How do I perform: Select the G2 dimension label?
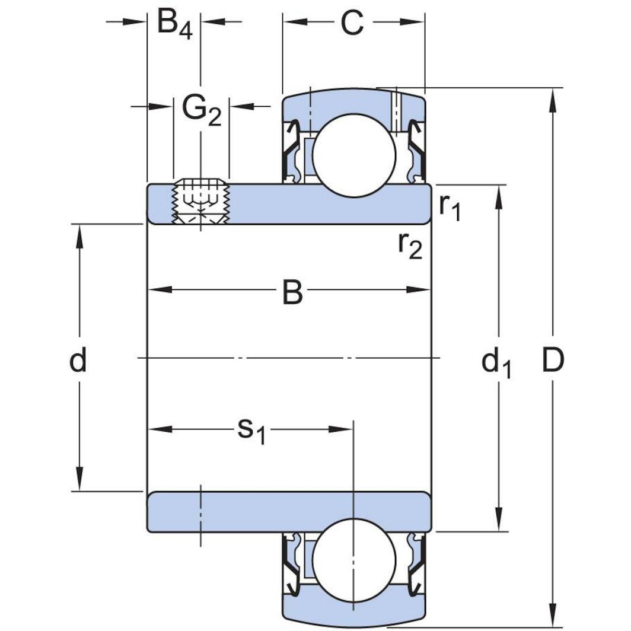coord(201,110)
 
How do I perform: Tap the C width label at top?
coord(352,23)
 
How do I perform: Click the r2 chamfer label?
coord(410,244)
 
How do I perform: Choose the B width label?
coord(292,292)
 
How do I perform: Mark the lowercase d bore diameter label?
coord(78,360)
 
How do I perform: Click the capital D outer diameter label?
coord(553,360)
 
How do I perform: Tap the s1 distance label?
coord(251,429)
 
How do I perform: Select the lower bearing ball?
coord(353,560)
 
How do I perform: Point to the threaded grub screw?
coord(200,202)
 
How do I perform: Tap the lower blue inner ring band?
coord(289,512)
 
